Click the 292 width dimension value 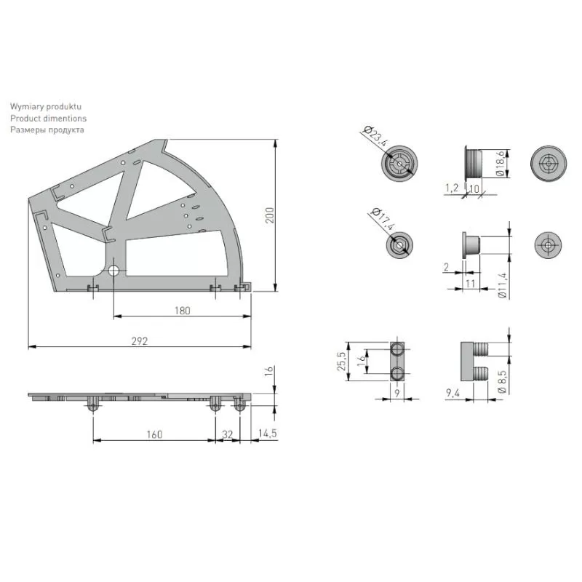coord(140,340)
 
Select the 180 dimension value coord(183,311)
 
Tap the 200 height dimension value coord(269,215)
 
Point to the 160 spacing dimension coord(154,434)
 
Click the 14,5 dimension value coord(268,433)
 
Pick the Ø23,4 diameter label coord(376,136)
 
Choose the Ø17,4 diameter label coord(383,220)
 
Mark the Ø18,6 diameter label coord(501,163)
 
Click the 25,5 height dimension coord(341,361)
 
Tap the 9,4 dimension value coord(453,392)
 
